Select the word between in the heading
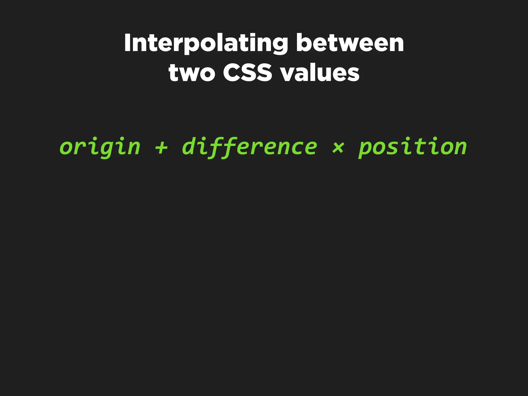[350, 43]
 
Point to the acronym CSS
[247, 73]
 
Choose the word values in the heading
[320, 73]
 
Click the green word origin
[100, 147]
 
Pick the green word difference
[249, 147]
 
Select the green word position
[412, 147]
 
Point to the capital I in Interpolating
[127, 43]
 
